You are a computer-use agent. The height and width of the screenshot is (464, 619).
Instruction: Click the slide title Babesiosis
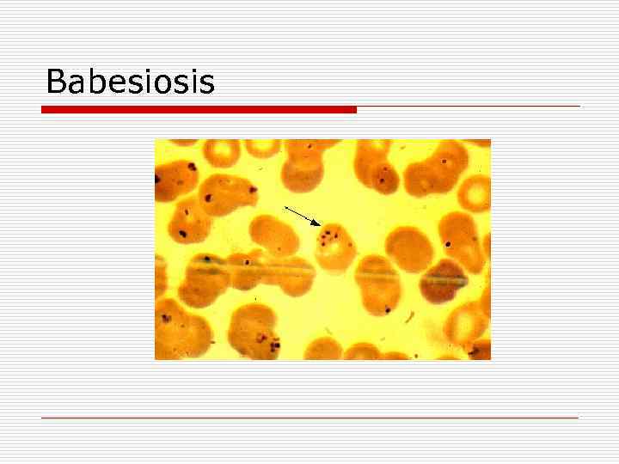click(130, 82)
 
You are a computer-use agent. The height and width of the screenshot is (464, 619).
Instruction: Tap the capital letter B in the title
click(56, 82)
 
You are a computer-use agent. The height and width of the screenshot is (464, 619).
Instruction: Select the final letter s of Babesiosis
click(206, 85)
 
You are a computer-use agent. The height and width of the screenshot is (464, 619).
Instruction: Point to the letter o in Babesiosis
click(175, 85)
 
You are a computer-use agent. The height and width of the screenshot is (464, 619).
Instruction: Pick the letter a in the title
click(77, 85)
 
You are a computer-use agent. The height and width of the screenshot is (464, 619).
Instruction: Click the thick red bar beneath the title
click(199, 110)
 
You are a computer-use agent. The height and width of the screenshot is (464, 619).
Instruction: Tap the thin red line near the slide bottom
click(309, 418)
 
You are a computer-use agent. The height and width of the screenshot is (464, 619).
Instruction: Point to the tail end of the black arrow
click(285, 207)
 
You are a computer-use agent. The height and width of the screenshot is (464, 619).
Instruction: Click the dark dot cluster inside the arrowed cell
click(328, 234)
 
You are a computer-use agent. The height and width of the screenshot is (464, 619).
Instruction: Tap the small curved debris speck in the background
click(411, 316)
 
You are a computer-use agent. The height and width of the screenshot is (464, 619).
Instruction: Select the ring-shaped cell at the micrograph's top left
click(223, 153)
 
